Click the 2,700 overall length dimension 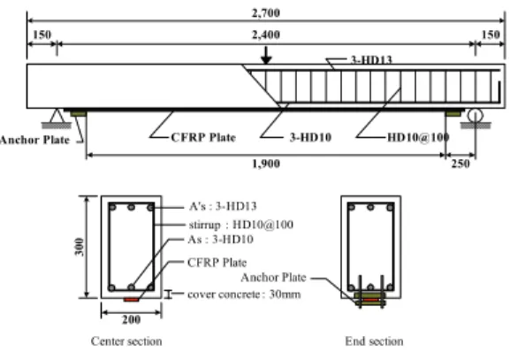266,13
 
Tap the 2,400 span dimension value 266,34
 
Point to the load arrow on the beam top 266,55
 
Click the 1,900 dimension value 266,164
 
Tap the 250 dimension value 461,164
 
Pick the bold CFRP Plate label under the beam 203,137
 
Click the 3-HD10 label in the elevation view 310,137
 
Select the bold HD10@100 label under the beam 418,137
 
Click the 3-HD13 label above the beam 371,59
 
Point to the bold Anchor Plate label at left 34,140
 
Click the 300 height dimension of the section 80,247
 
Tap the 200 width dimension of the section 132,319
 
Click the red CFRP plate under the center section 131,300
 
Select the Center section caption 126,341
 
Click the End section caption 374,341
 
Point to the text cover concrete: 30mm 244,295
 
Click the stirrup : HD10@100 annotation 241,225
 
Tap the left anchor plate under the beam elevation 79,113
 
